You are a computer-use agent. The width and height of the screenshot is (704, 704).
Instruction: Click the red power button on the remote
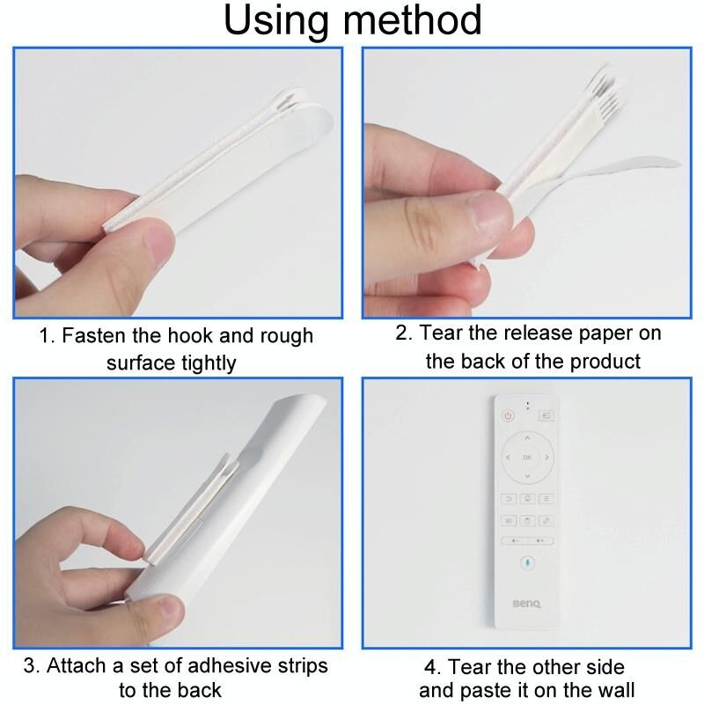[x=508, y=415]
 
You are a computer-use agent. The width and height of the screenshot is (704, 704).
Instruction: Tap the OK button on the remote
[x=527, y=457]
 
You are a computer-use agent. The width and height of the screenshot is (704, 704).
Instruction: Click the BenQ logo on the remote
[x=527, y=604]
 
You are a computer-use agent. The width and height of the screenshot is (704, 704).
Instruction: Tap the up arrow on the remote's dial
[x=527, y=437]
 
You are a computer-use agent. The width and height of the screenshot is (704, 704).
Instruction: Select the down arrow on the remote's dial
[x=527, y=476]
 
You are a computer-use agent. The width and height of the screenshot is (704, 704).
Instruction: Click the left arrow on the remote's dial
[x=508, y=457]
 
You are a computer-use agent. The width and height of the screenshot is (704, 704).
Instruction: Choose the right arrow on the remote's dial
[x=546, y=457]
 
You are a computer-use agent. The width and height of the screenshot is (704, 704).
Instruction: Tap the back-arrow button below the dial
[x=509, y=498]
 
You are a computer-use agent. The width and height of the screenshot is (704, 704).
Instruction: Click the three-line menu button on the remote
[x=546, y=498]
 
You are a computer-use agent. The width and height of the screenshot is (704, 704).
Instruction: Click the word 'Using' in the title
[x=275, y=20]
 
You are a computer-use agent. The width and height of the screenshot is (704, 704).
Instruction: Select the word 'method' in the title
[x=412, y=19]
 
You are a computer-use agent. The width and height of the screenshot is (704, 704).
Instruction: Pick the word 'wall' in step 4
[x=618, y=690]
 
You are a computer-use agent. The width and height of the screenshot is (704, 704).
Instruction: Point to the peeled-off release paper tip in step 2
[x=677, y=163]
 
